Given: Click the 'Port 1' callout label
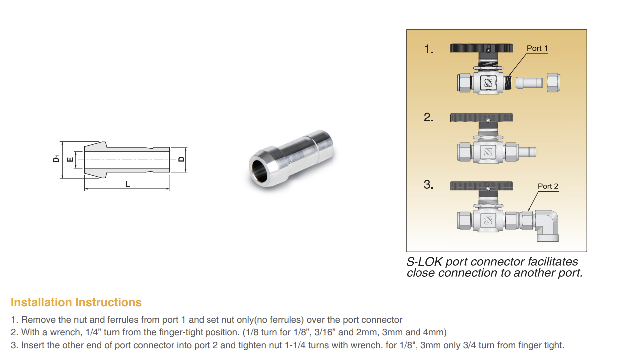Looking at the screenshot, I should click(x=537, y=48).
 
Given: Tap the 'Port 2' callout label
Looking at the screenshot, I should click(x=548, y=186).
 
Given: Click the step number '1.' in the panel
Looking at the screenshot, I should click(x=429, y=49).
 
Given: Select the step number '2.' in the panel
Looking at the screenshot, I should click(x=429, y=118).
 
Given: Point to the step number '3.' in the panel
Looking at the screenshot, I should click(x=429, y=185).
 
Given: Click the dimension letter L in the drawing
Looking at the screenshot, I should click(x=128, y=185).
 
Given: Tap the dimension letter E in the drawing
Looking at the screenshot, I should click(x=70, y=160).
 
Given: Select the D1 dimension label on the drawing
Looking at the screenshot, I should click(x=56, y=159).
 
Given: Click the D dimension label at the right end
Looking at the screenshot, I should click(x=181, y=159).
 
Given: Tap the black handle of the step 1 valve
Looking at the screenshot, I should click(x=481, y=48).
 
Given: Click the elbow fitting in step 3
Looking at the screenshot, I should click(x=547, y=225).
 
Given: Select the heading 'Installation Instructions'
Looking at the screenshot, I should click(x=76, y=303).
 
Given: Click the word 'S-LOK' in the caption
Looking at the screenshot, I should click(x=424, y=262).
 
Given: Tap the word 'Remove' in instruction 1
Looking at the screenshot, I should click(x=38, y=320).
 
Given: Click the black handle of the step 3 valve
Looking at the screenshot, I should click(x=481, y=186).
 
